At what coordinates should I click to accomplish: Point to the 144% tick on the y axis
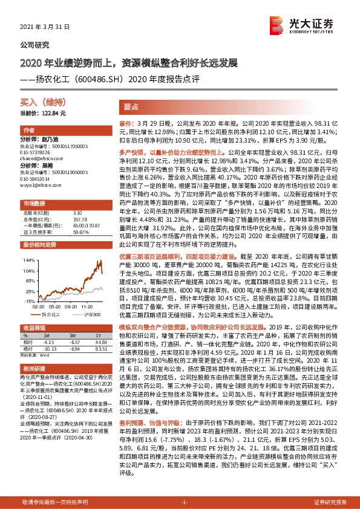(29, 260)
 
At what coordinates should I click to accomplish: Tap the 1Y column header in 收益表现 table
(100, 336)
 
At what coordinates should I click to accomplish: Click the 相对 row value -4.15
(49, 342)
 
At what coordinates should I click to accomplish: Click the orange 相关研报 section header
(36, 368)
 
